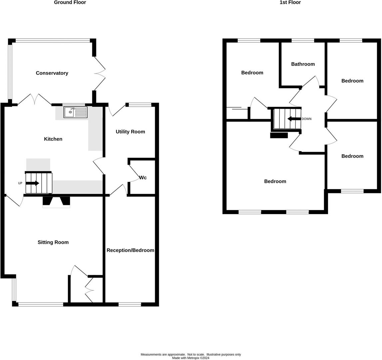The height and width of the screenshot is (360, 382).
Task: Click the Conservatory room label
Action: pyautogui.click(x=52, y=73)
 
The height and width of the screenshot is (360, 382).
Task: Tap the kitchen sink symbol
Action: pyautogui.click(x=76, y=112)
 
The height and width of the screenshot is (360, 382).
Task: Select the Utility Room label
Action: pyautogui.click(x=130, y=132)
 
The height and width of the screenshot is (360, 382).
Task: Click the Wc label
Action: pyautogui.click(x=143, y=178)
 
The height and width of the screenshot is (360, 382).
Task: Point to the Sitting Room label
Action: pyautogui.click(x=53, y=242)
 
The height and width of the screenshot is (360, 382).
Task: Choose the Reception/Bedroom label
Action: pyautogui.click(x=130, y=250)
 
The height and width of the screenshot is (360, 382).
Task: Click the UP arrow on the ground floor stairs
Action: pyautogui.click(x=32, y=183)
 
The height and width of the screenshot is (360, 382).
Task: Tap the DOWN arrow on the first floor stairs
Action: pyautogui.click(x=294, y=119)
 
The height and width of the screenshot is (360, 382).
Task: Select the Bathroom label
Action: pyautogui.click(x=303, y=64)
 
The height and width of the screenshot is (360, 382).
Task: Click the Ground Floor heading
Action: pyautogui.click(x=70, y=3)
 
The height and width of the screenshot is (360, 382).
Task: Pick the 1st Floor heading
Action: pyautogui.click(x=290, y=3)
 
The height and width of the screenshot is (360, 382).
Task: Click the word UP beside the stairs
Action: pyautogui.click(x=20, y=183)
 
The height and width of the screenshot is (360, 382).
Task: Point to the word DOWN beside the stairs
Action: pyautogui.click(x=306, y=119)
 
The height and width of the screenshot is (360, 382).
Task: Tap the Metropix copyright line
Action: pyautogui.click(x=191, y=358)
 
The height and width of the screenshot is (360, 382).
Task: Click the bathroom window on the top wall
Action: pyautogui.click(x=303, y=41)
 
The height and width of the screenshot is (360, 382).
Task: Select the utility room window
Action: pyautogui.click(x=140, y=105)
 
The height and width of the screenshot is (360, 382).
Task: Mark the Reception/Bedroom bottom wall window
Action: pyautogui.click(x=130, y=304)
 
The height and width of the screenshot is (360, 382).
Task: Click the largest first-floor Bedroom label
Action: pyautogui.click(x=275, y=181)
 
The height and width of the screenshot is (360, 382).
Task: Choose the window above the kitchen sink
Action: pyautogui.click(x=74, y=105)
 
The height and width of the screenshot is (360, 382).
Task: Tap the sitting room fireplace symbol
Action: pyautogui.click(x=56, y=201)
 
